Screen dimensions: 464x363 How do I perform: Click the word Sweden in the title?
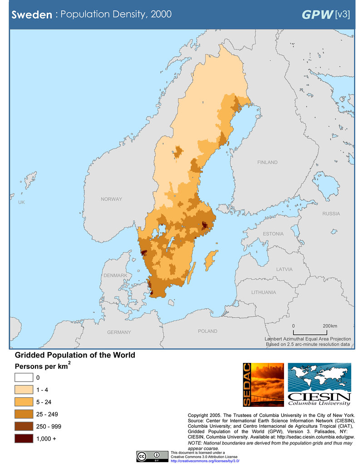coord(31,14)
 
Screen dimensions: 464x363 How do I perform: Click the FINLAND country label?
coord(267,162)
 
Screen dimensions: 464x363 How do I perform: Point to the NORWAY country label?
coord(111,199)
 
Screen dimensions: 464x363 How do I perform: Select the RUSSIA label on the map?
coord(331,213)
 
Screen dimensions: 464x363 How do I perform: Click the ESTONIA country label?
coord(273,234)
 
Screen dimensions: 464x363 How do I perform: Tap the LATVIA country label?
coord(285,269)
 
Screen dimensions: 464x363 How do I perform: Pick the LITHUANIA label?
coord(264,292)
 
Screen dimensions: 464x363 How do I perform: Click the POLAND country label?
coord(207,331)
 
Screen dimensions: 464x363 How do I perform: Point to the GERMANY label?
coord(119,332)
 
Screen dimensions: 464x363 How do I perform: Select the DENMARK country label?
coord(115,275)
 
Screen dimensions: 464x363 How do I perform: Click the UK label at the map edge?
coord(21,202)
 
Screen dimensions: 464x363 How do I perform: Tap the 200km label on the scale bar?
coord(330,326)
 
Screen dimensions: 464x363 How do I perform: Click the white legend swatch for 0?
coord(24,377)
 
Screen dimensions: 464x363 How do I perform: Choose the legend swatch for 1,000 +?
coord(24,438)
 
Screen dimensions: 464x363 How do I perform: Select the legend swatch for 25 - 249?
coord(24,414)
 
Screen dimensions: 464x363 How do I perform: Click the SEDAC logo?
coord(263,385)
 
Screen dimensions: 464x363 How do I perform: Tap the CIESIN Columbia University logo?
coord(319,385)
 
